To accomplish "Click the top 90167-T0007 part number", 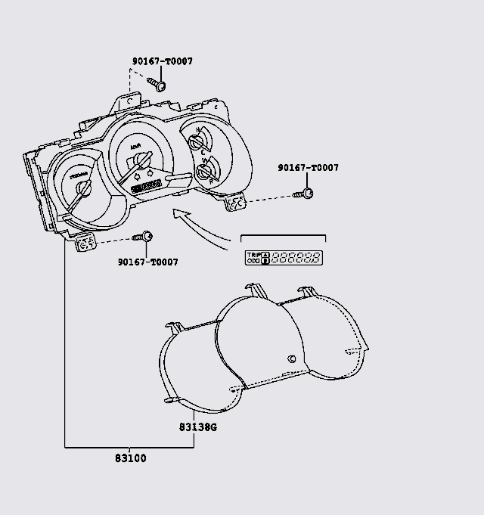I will [x=161, y=61].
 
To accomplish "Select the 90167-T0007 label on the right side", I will [x=308, y=168].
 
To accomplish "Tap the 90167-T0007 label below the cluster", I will [x=148, y=262].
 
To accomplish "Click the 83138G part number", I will [x=198, y=427].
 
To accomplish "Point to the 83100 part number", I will [x=131, y=458].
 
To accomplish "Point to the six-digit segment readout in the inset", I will [x=296, y=257].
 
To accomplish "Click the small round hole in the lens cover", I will [x=292, y=359].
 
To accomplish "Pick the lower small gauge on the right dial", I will [x=204, y=173].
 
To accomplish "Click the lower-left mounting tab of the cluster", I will [x=86, y=243].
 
